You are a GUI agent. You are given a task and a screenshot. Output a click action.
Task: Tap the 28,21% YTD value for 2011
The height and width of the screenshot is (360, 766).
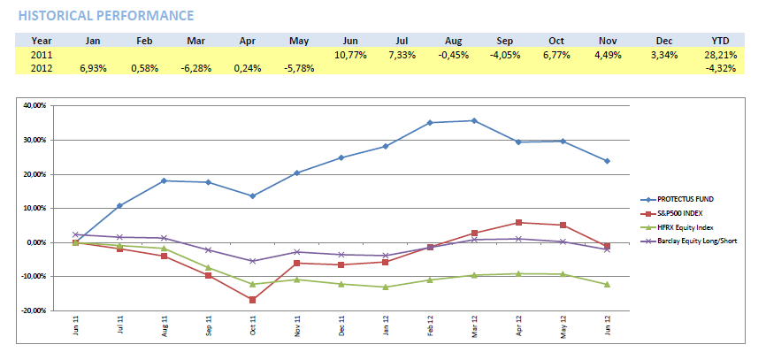[720, 55]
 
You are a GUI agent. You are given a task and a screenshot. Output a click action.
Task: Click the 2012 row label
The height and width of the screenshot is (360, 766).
[42, 67]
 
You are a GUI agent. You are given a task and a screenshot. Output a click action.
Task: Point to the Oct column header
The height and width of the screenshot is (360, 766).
[555, 41]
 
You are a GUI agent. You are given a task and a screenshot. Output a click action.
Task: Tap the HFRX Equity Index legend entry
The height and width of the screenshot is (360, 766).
[682, 226]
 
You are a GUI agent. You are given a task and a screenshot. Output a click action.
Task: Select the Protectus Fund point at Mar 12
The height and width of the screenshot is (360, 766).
[474, 120]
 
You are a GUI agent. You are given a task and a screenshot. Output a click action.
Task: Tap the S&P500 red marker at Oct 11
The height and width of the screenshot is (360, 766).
[253, 300]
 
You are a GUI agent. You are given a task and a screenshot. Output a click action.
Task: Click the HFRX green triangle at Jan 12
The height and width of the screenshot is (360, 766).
[386, 287]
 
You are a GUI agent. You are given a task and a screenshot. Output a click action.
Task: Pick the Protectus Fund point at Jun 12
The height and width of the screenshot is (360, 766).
[607, 161]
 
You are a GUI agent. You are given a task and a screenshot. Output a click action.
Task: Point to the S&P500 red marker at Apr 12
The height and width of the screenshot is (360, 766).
[518, 223]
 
